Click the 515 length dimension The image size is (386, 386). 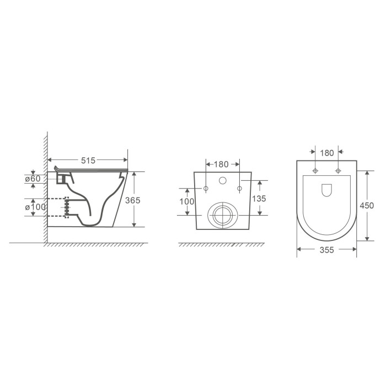click(88, 160)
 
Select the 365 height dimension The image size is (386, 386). click(133, 200)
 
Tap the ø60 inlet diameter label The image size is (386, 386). click(33, 179)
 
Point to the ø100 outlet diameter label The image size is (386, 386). click(35, 207)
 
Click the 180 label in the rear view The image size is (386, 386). click(221, 164)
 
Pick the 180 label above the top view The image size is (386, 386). click(326, 153)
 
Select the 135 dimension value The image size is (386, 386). click(259, 199)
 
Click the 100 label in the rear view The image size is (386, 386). click(187, 202)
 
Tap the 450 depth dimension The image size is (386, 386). click(367, 206)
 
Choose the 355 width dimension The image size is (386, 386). click(326, 250)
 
